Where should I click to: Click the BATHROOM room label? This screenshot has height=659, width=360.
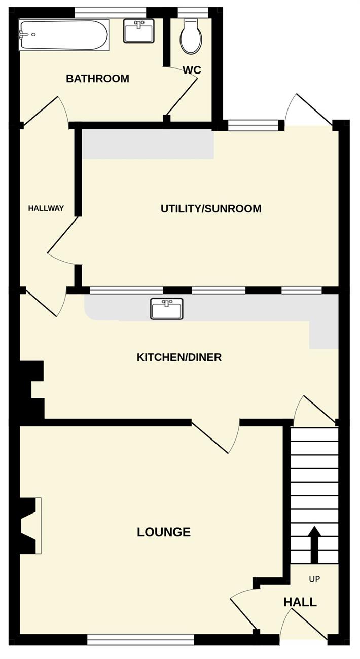coord(97,79)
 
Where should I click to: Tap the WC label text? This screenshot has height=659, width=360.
coord(192,70)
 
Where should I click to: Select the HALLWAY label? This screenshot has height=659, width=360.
coord(46,208)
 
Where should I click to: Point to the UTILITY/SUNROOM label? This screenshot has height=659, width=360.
coord(211,208)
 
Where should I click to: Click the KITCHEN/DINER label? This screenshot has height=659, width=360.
coord(179,357)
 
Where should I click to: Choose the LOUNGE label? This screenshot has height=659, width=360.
coord(164,532)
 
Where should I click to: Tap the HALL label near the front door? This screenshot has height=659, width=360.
coord(300,602)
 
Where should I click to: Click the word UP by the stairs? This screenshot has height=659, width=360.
coord(314,579)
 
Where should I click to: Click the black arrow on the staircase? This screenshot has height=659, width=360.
coord(315,544)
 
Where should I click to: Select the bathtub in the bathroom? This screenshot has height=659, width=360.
coord(63,34)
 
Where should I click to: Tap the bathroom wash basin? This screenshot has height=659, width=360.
coord(138,31)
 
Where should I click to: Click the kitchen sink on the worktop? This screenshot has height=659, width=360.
coord(167,309)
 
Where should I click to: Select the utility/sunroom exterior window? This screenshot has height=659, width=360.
coord(253,125)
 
